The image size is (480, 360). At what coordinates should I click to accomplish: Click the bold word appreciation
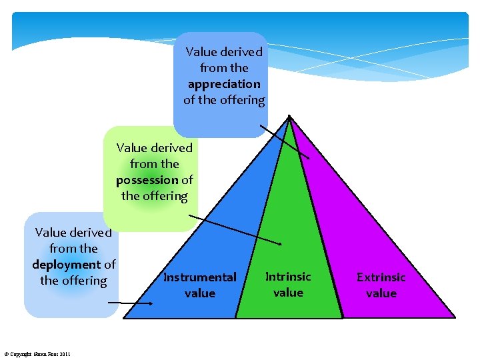pyautogui.click(x=224, y=84)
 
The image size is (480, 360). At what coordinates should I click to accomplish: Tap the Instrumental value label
pyautogui.click(x=200, y=285)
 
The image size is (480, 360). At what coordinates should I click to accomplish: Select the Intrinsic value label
pyautogui.click(x=288, y=285)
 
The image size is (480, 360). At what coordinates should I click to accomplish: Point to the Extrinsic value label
pyautogui.click(x=381, y=285)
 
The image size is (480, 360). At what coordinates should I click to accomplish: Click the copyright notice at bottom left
pyautogui.click(x=37, y=353)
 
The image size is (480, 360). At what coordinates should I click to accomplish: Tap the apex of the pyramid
pyautogui.click(x=289, y=117)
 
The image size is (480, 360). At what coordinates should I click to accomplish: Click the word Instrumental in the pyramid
pyautogui.click(x=200, y=277)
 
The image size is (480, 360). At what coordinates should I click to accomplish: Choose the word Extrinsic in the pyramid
pyautogui.click(x=381, y=277)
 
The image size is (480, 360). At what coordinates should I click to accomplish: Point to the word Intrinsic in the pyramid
pyautogui.click(x=288, y=277)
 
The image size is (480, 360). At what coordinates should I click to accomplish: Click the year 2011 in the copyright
pyautogui.click(x=64, y=353)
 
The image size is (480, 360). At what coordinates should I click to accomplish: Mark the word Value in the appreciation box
pyautogui.click(x=200, y=52)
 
